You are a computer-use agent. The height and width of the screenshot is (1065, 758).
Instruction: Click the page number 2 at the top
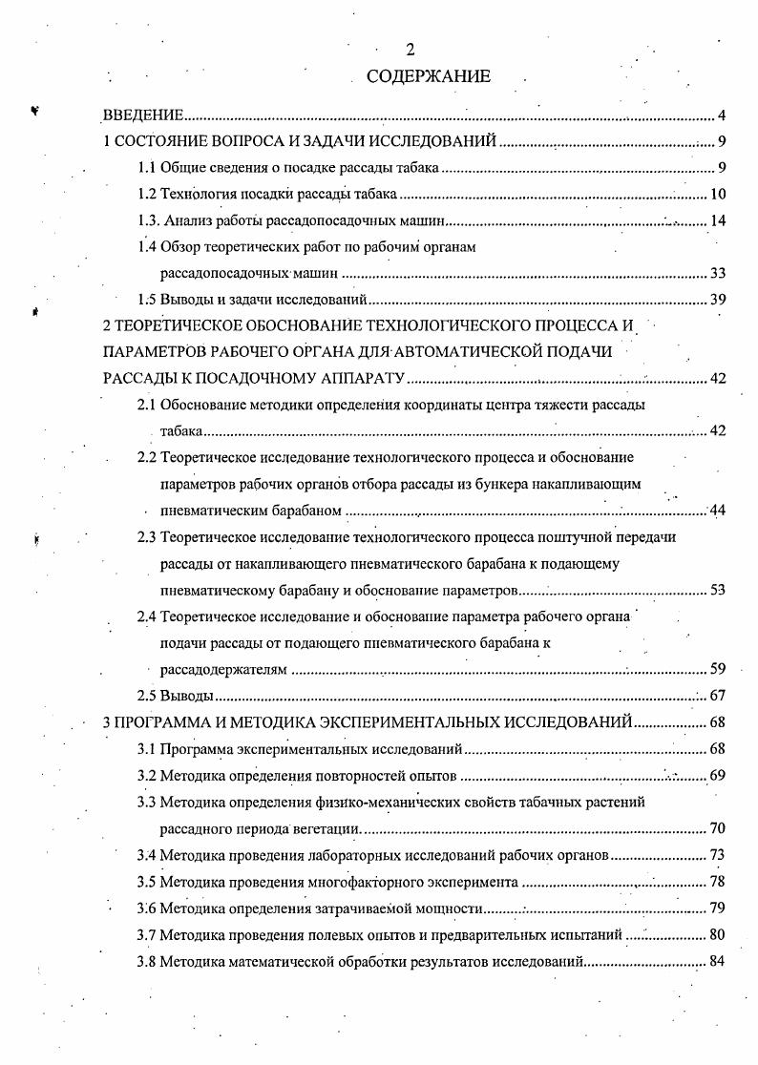[x=410, y=51]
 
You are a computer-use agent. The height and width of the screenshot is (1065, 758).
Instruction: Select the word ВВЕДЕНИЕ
[x=143, y=116]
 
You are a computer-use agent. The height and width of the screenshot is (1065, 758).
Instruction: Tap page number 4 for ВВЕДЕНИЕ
[x=723, y=116]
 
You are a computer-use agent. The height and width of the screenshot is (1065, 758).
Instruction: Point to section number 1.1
[x=147, y=169]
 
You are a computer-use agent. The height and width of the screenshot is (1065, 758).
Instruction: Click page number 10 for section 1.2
[x=718, y=196]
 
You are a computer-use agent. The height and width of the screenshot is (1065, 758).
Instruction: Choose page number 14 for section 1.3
[x=718, y=221]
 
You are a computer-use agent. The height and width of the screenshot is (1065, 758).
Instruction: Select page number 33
[x=718, y=274]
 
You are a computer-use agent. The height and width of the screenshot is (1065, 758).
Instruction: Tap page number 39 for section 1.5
[x=718, y=300]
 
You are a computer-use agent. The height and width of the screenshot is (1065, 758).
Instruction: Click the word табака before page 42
[x=181, y=431]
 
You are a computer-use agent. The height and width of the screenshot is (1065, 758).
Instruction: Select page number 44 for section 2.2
[x=718, y=511]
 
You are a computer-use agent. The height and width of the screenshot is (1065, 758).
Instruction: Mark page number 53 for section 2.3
[x=718, y=590]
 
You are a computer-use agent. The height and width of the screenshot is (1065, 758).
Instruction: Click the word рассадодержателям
[x=223, y=670]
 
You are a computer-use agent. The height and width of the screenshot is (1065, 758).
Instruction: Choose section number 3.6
[x=147, y=907]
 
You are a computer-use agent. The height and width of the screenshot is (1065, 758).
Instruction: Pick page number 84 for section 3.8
[x=718, y=959]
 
